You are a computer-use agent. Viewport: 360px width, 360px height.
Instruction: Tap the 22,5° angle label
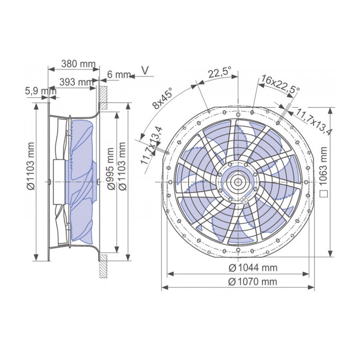219,72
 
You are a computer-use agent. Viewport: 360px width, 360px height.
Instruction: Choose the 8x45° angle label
162,99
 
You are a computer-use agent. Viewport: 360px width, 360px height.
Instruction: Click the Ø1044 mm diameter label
252,268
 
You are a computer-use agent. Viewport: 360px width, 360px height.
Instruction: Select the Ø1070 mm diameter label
252,282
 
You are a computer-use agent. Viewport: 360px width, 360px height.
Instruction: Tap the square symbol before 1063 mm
324,195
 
